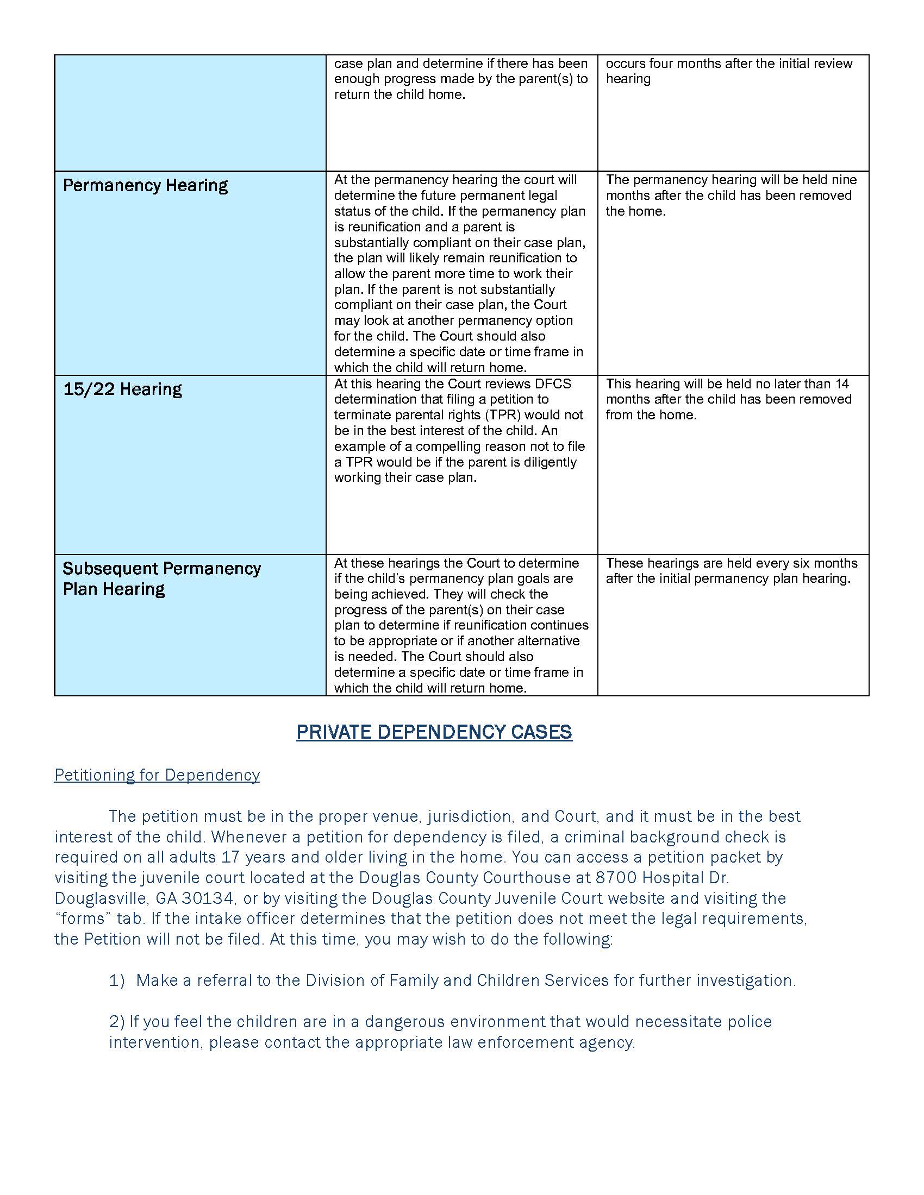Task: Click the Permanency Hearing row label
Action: click(x=145, y=185)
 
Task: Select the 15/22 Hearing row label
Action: click(x=123, y=389)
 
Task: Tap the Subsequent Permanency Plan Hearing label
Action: click(x=161, y=578)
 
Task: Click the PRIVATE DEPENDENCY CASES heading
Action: click(x=434, y=732)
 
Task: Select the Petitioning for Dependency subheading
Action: click(x=157, y=775)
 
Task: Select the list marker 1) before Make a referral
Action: click(x=117, y=980)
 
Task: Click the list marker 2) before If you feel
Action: click(x=117, y=1022)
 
